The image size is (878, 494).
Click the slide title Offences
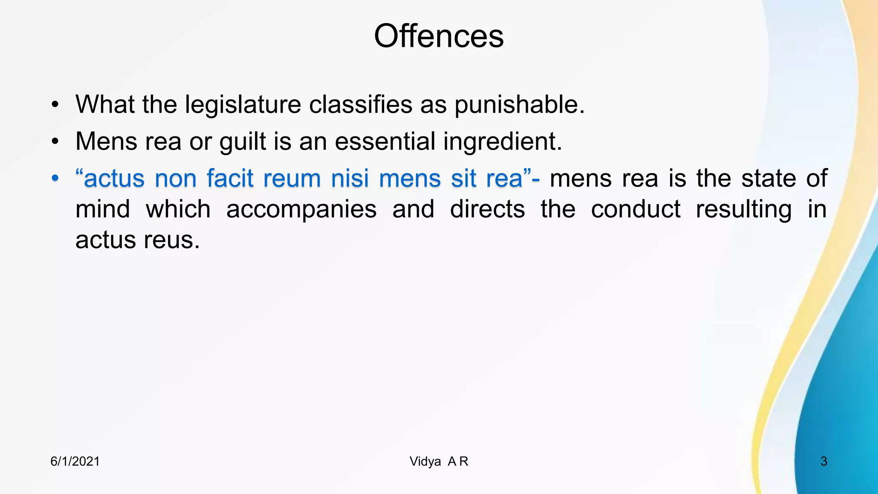pyautogui.click(x=439, y=36)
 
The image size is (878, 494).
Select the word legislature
pyautogui.click(x=243, y=105)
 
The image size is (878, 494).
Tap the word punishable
pyautogui.click(x=519, y=105)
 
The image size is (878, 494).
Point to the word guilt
pyautogui.click(x=243, y=142)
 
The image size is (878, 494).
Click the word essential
pyautogui.click(x=385, y=142)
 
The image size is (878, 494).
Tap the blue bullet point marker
pyautogui.click(x=54, y=178)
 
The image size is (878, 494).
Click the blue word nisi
pyautogui.click(x=349, y=178)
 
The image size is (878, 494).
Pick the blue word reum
pyautogui.click(x=292, y=178)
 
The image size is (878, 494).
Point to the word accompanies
pyautogui.click(x=301, y=210)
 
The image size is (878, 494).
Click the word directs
pyautogui.click(x=487, y=210)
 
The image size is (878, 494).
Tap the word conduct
pyautogui.click(x=635, y=210)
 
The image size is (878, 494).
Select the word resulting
pyautogui.click(x=743, y=210)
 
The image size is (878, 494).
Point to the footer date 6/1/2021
pyautogui.click(x=75, y=461)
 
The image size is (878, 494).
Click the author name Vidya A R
pyautogui.click(x=439, y=461)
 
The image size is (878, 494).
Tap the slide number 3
pyautogui.click(x=824, y=461)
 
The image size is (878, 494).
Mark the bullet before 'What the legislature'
pyautogui.click(x=54, y=105)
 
